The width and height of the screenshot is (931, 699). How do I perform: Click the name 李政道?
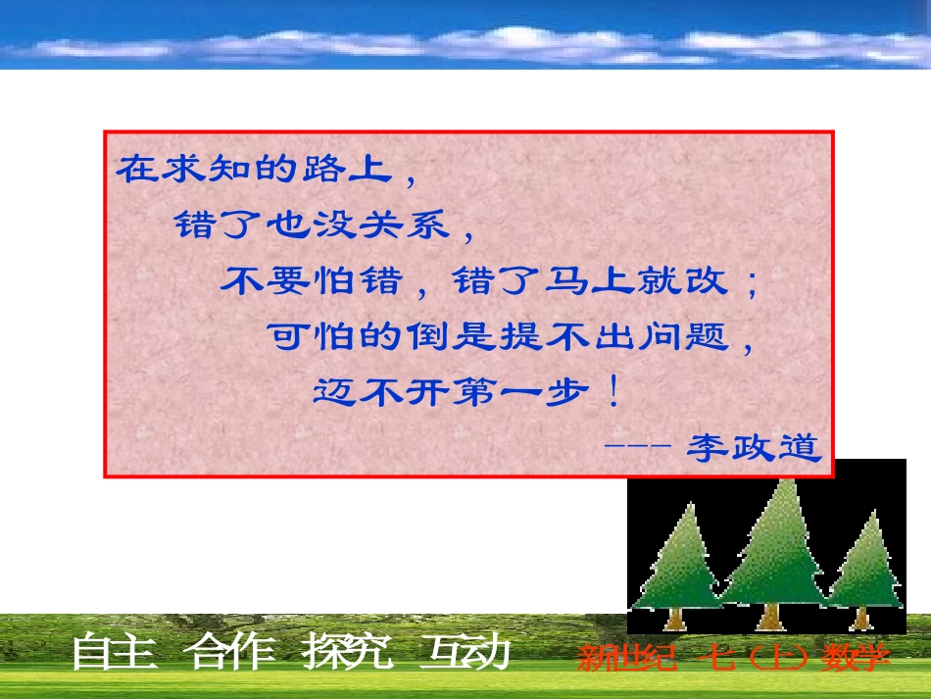point(753,448)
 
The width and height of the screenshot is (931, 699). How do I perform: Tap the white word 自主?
point(115,654)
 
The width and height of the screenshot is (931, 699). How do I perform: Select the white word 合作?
point(232,654)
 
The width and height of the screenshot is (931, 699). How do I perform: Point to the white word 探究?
point(348,654)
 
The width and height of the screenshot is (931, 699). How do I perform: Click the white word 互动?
point(464,654)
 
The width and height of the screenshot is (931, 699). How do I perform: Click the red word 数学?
point(857,657)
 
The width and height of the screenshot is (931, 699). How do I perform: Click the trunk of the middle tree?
point(771,616)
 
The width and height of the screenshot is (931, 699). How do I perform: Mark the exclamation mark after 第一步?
point(613,394)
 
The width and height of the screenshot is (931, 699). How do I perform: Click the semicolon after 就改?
point(751,283)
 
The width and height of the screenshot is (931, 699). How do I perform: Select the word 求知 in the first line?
point(187,171)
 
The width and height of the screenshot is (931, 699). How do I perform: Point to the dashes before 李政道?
point(637,446)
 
